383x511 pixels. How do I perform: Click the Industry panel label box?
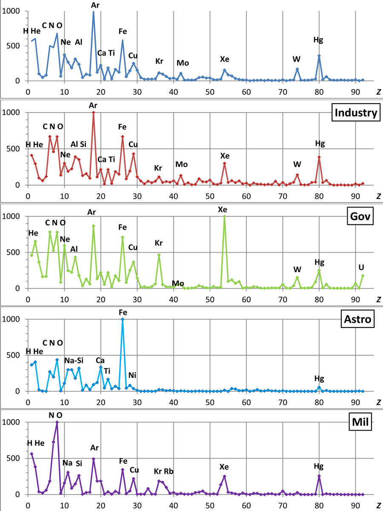pos(356,113)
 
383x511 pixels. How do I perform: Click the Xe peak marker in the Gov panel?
pos(224,216)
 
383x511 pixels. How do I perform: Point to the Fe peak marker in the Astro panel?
pos(123,319)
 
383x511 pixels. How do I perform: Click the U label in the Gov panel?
pos(361,267)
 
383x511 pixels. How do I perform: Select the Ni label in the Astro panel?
pos(133,375)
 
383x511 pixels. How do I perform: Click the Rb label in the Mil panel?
pos(169,471)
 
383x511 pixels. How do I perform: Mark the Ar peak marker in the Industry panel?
pos(93,112)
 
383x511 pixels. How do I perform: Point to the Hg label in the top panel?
pos(318,40)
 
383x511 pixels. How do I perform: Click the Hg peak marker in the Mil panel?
pos(319,476)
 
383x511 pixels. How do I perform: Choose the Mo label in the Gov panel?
pos(178,284)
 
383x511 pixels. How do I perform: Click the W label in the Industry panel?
pos(297,164)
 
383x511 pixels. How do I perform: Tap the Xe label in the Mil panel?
pos(224,467)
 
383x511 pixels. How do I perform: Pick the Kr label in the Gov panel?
pos(159,243)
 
